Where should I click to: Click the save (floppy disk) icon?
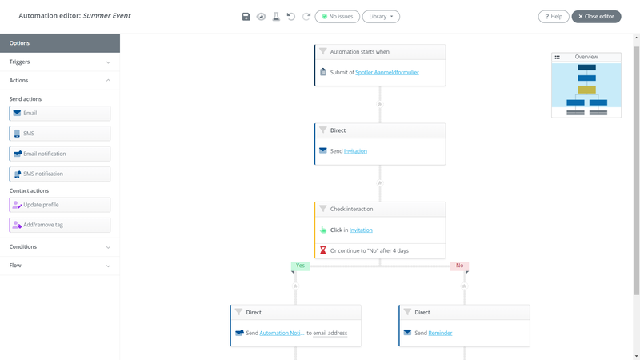tap(246, 16)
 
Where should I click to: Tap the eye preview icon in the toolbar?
tap(262, 16)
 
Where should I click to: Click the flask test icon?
tap(276, 16)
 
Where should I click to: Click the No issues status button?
tap(337, 16)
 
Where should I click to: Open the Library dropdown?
tap(381, 16)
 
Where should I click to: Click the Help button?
tap(554, 16)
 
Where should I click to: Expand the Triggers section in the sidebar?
tap(60, 62)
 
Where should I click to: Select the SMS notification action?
tap(60, 174)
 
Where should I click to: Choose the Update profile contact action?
tap(60, 205)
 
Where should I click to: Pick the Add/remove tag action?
tap(60, 225)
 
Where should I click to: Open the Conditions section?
tap(60, 247)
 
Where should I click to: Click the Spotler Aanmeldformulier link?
tap(387, 72)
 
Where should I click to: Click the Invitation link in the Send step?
tap(355, 151)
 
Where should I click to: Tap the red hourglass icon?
tap(323, 250)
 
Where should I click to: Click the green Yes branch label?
tap(301, 266)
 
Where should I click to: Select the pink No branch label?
tap(459, 266)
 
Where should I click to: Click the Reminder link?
tap(440, 333)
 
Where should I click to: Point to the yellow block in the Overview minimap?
tap(587, 90)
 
